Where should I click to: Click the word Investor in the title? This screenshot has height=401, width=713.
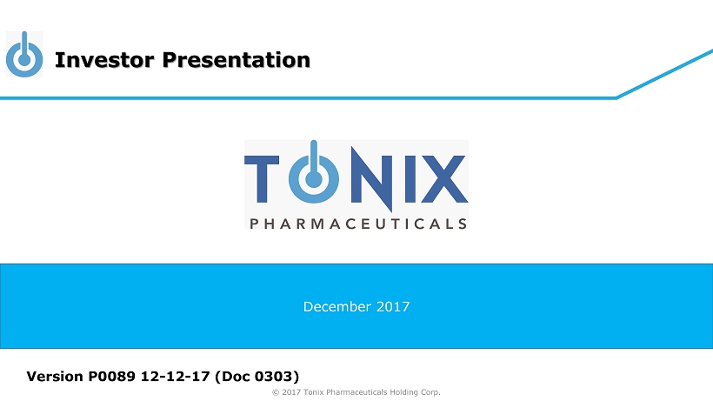pyautogui.click(x=104, y=59)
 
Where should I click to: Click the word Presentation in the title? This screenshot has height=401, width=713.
pyautogui.click(x=236, y=59)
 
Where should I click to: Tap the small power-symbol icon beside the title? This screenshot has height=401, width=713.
pyautogui.click(x=24, y=54)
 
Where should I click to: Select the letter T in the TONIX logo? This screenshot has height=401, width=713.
pyautogui.click(x=262, y=178)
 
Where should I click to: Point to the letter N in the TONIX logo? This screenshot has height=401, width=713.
pyautogui.click(x=372, y=178)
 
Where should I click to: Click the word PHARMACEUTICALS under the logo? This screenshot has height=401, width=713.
pyautogui.click(x=358, y=224)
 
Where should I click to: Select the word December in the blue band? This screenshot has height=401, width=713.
pyautogui.click(x=337, y=307)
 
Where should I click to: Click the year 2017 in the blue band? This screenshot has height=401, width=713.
pyautogui.click(x=393, y=307)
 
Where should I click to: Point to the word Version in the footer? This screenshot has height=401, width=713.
pyautogui.click(x=55, y=377)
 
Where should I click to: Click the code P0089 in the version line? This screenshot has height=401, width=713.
pyautogui.click(x=112, y=377)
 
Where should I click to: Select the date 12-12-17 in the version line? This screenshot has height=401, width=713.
pyautogui.click(x=175, y=377)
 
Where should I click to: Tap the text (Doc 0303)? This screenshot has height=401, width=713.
pyautogui.click(x=257, y=377)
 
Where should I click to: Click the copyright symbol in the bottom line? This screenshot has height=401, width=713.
pyautogui.click(x=276, y=392)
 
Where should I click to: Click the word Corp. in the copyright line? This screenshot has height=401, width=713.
pyautogui.click(x=429, y=392)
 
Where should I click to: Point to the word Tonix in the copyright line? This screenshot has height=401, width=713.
pyautogui.click(x=314, y=392)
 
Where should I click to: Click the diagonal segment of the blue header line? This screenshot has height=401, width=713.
pyautogui.click(x=665, y=74)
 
